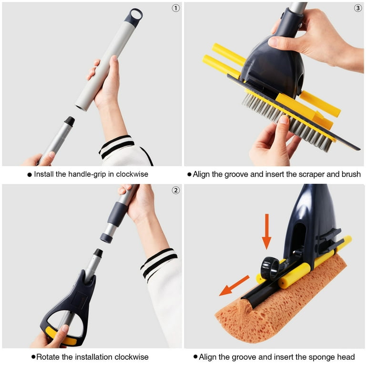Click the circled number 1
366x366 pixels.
176,9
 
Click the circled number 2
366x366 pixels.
176,191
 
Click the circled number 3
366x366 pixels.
358,9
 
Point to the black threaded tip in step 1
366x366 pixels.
70,122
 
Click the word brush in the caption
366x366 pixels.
351,174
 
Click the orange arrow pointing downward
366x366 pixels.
266,232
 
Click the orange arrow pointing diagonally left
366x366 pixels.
234,286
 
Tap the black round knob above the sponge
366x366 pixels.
270,268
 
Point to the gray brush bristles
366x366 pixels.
287,122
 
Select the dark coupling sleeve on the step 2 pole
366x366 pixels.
117,214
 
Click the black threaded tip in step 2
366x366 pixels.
98,253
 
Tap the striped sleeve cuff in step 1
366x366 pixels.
117,147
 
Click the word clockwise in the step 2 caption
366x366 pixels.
132,357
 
